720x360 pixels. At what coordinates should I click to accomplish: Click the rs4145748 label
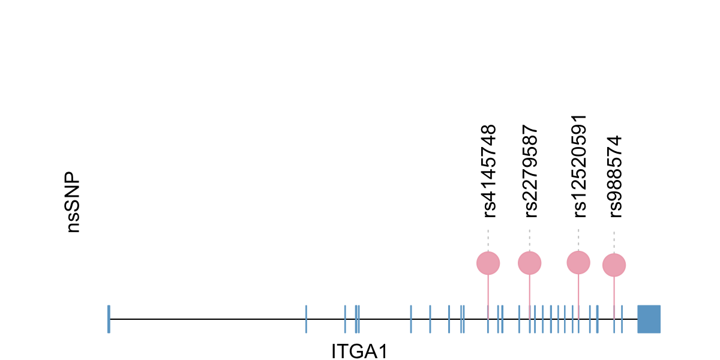[x=490, y=170]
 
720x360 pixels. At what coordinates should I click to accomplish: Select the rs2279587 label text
[x=531, y=170]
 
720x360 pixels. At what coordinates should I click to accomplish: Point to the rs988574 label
[x=616, y=176]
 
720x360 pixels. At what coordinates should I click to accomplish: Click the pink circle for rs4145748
[x=488, y=263]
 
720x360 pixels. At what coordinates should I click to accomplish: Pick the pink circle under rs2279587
[x=529, y=262]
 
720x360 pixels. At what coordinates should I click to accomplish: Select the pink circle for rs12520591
[x=578, y=262]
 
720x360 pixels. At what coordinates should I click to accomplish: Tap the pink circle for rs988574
[x=614, y=265]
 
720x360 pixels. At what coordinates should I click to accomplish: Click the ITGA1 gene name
[x=359, y=351]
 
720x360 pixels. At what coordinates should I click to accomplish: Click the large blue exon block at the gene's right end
[x=649, y=319]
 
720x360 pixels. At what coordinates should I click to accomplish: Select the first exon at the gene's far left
[x=109, y=319]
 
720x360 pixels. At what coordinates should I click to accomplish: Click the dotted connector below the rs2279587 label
[x=529, y=240]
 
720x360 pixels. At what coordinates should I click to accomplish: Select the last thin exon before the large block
[x=622, y=319]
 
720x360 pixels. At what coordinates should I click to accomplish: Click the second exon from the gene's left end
[x=307, y=319]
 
